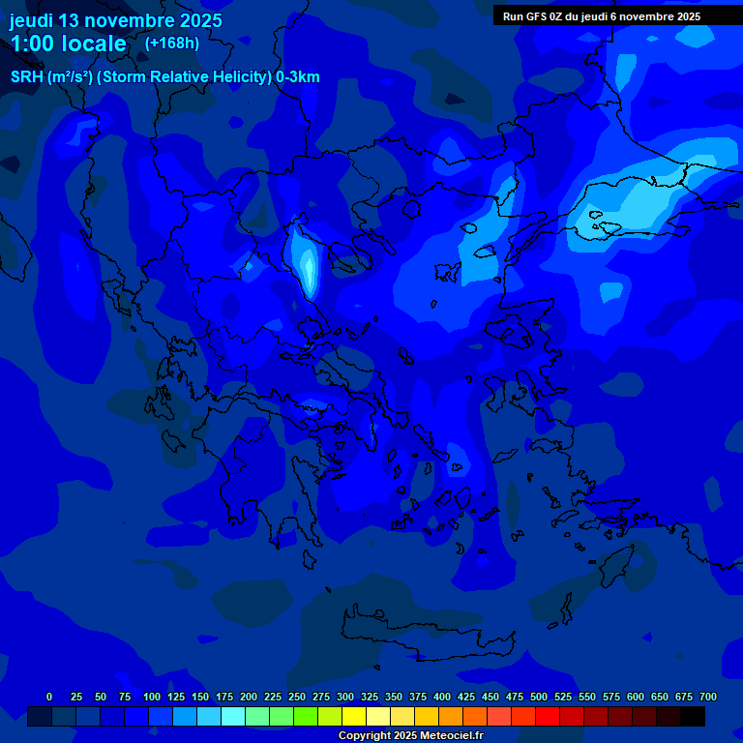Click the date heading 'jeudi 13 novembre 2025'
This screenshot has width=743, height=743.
(x=115, y=20)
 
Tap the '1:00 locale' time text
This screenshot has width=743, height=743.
(x=68, y=44)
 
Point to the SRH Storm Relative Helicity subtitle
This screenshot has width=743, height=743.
(x=164, y=77)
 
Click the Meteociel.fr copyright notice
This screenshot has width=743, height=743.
(x=409, y=736)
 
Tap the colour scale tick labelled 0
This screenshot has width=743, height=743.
(x=49, y=697)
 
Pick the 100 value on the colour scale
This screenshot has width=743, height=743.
(x=152, y=697)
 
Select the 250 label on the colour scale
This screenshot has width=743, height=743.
(x=297, y=697)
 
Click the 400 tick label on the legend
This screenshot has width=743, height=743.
(x=442, y=697)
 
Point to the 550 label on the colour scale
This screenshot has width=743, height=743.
(x=587, y=697)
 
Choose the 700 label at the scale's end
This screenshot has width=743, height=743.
(x=708, y=697)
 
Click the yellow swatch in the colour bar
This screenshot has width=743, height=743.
(x=354, y=717)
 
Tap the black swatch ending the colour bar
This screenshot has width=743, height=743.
(x=693, y=717)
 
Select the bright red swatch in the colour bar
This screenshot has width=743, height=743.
(x=548, y=717)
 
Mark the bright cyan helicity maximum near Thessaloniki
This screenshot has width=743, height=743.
(x=308, y=266)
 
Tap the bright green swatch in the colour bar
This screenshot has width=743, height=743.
(x=306, y=717)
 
